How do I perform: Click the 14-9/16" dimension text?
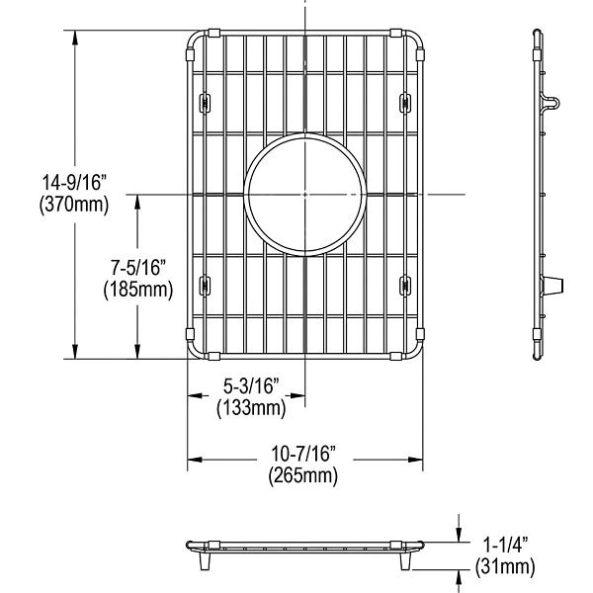[75, 185]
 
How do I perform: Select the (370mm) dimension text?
[75, 206]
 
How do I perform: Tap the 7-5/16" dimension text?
[137, 270]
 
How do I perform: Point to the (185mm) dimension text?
[137, 291]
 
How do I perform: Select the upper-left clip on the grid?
[206, 102]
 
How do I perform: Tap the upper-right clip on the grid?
[406, 102]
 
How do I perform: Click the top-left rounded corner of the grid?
[195, 42]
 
